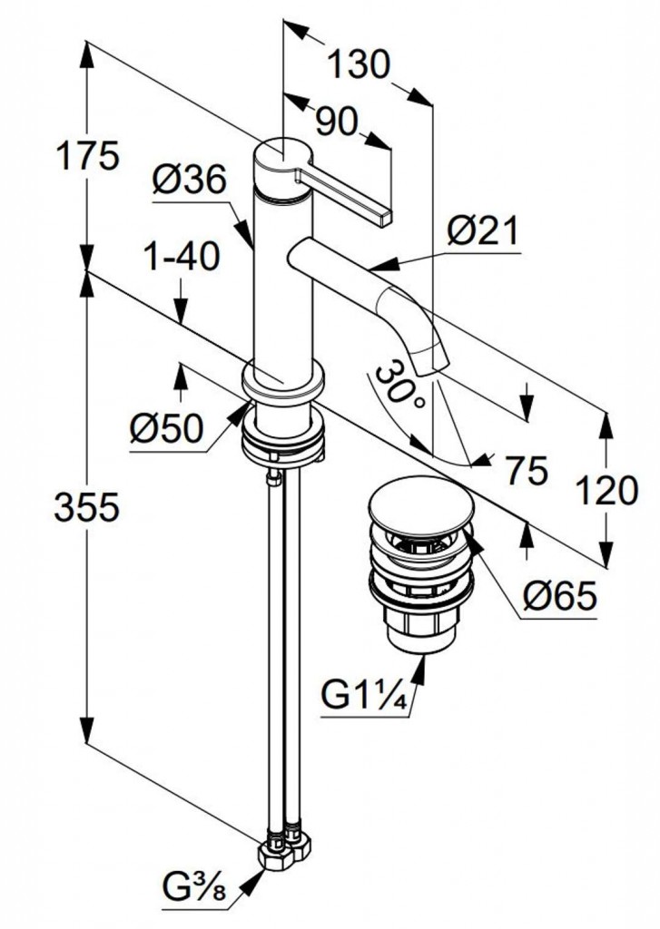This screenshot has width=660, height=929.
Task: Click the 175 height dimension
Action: tap(87, 156)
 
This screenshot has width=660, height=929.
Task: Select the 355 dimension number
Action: tap(87, 508)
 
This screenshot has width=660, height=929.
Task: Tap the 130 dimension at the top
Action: tap(358, 64)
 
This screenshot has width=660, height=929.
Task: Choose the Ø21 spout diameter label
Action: tap(482, 233)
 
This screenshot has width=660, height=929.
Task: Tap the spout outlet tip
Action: tap(431, 365)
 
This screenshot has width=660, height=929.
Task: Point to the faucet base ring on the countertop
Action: tap(282, 382)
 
